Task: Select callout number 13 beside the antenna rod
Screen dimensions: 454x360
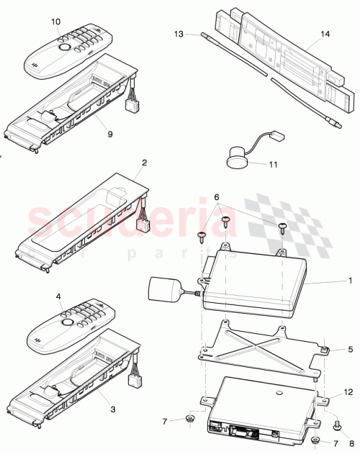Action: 179,33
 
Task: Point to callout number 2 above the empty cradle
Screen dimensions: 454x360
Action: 144,163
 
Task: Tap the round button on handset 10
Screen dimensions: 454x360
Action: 65,48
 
